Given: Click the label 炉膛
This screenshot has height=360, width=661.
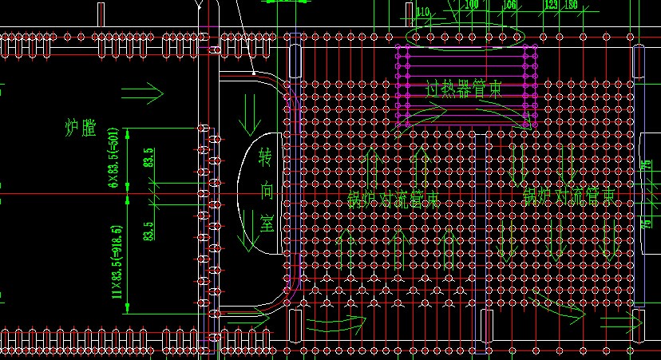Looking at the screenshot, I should (80, 128).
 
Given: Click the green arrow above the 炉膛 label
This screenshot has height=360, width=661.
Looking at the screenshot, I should (148, 93).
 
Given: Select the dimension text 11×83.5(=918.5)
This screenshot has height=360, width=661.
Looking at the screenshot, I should (117, 263).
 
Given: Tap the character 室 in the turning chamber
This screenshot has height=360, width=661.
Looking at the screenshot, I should (266, 224).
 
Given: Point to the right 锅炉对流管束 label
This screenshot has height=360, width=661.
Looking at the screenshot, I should (568, 195).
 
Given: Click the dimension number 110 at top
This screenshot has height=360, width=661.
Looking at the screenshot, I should (422, 11).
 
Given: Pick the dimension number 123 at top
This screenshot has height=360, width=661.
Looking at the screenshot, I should (550, 5).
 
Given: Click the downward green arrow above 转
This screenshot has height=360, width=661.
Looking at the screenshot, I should (250, 114).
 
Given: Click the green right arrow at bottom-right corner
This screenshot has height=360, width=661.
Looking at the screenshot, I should (623, 324).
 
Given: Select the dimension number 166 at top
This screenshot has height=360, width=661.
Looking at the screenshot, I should (509, 5).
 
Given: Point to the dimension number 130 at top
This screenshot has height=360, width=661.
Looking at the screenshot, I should (571, 5).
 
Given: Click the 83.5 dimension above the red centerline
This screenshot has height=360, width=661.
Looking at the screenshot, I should (148, 157).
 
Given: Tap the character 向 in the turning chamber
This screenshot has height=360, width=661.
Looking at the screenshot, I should (266, 191).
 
